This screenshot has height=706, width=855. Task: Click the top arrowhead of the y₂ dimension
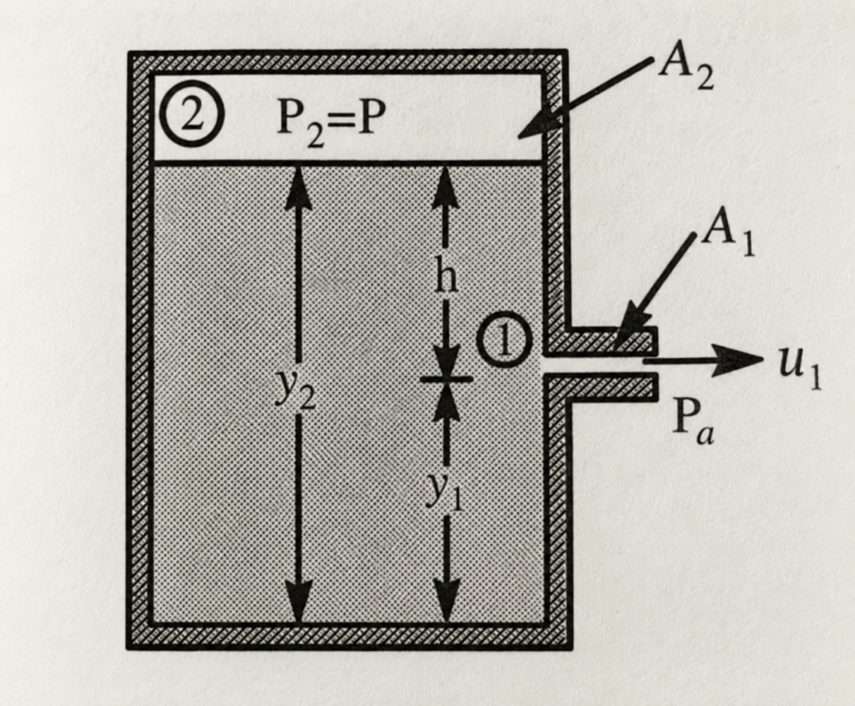tap(298, 185)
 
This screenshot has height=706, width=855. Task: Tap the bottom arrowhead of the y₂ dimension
tap(298, 601)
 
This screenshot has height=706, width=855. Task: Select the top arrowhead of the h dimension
tap(447, 185)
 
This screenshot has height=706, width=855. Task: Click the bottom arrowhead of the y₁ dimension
tap(447, 601)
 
